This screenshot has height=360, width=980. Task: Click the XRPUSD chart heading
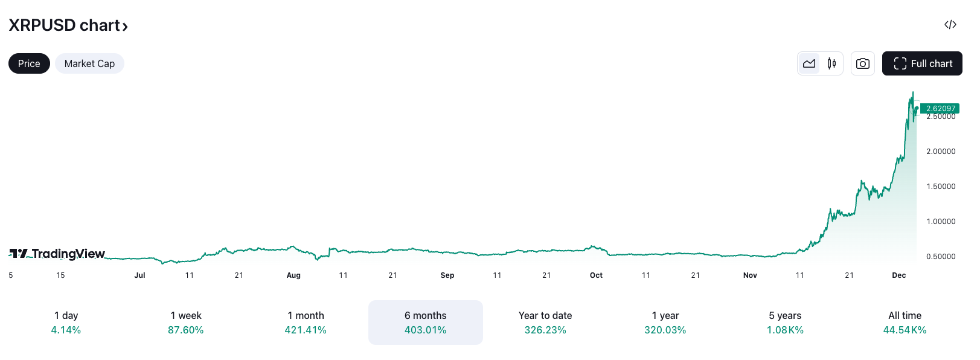pyautogui.click(x=68, y=25)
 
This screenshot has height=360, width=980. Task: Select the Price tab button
pyautogui.click(x=29, y=63)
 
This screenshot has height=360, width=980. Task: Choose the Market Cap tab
pyautogui.click(x=89, y=63)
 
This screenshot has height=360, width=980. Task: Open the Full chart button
pyautogui.click(x=922, y=63)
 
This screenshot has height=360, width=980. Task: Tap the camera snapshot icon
pyautogui.click(x=862, y=63)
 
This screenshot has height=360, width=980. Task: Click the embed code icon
pyautogui.click(x=950, y=25)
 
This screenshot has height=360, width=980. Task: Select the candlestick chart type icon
pyautogui.click(x=831, y=63)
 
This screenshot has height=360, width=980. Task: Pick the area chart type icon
pyautogui.click(x=809, y=63)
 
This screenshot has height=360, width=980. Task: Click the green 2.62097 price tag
pyautogui.click(x=940, y=109)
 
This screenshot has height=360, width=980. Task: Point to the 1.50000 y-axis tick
pyautogui.click(x=941, y=187)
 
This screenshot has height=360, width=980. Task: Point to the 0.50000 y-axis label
pyautogui.click(x=941, y=257)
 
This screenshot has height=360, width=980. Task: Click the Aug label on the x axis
pyautogui.click(x=293, y=275)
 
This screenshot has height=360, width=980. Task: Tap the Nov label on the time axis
pyautogui.click(x=750, y=275)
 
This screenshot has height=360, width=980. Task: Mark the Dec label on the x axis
pyautogui.click(x=899, y=275)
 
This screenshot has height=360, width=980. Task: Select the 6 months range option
pyautogui.click(x=425, y=322)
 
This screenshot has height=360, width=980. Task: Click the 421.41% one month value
pyautogui.click(x=306, y=330)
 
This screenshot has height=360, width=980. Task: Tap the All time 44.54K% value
pyautogui.click(x=905, y=330)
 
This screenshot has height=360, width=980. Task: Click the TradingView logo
pyautogui.click(x=57, y=254)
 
